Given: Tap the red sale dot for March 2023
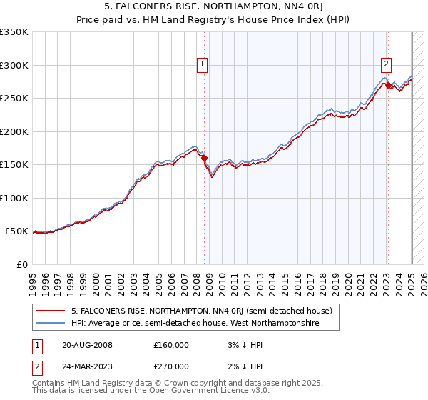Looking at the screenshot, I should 388,86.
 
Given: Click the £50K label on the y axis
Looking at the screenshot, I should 16,231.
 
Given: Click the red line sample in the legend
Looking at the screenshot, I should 50,311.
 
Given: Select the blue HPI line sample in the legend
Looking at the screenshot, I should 50,324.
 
